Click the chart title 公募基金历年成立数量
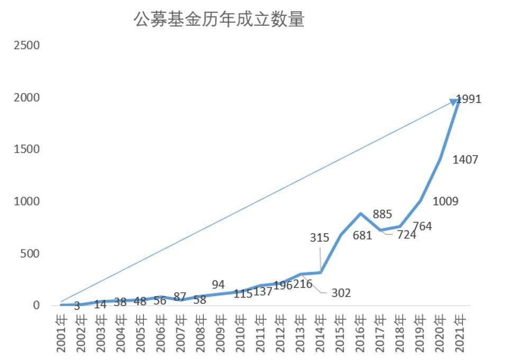tap(219, 20)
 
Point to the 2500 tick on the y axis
tap(26, 45)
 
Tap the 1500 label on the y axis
tap(26, 150)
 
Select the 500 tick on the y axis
tap(29, 254)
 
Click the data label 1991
tap(469, 99)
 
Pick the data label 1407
tap(465, 159)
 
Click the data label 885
tap(382, 214)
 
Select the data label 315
tap(320, 238)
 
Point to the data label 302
tap(341, 293)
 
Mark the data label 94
tap(218, 285)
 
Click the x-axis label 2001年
tap(61, 333)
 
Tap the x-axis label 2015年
tap(340, 333)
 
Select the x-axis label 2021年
tap(459, 333)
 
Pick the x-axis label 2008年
tap(201, 333)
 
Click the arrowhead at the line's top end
tap(453, 102)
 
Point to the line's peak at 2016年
tap(360, 214)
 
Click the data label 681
tap(362, 236)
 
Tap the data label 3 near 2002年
tap(77, 306)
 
